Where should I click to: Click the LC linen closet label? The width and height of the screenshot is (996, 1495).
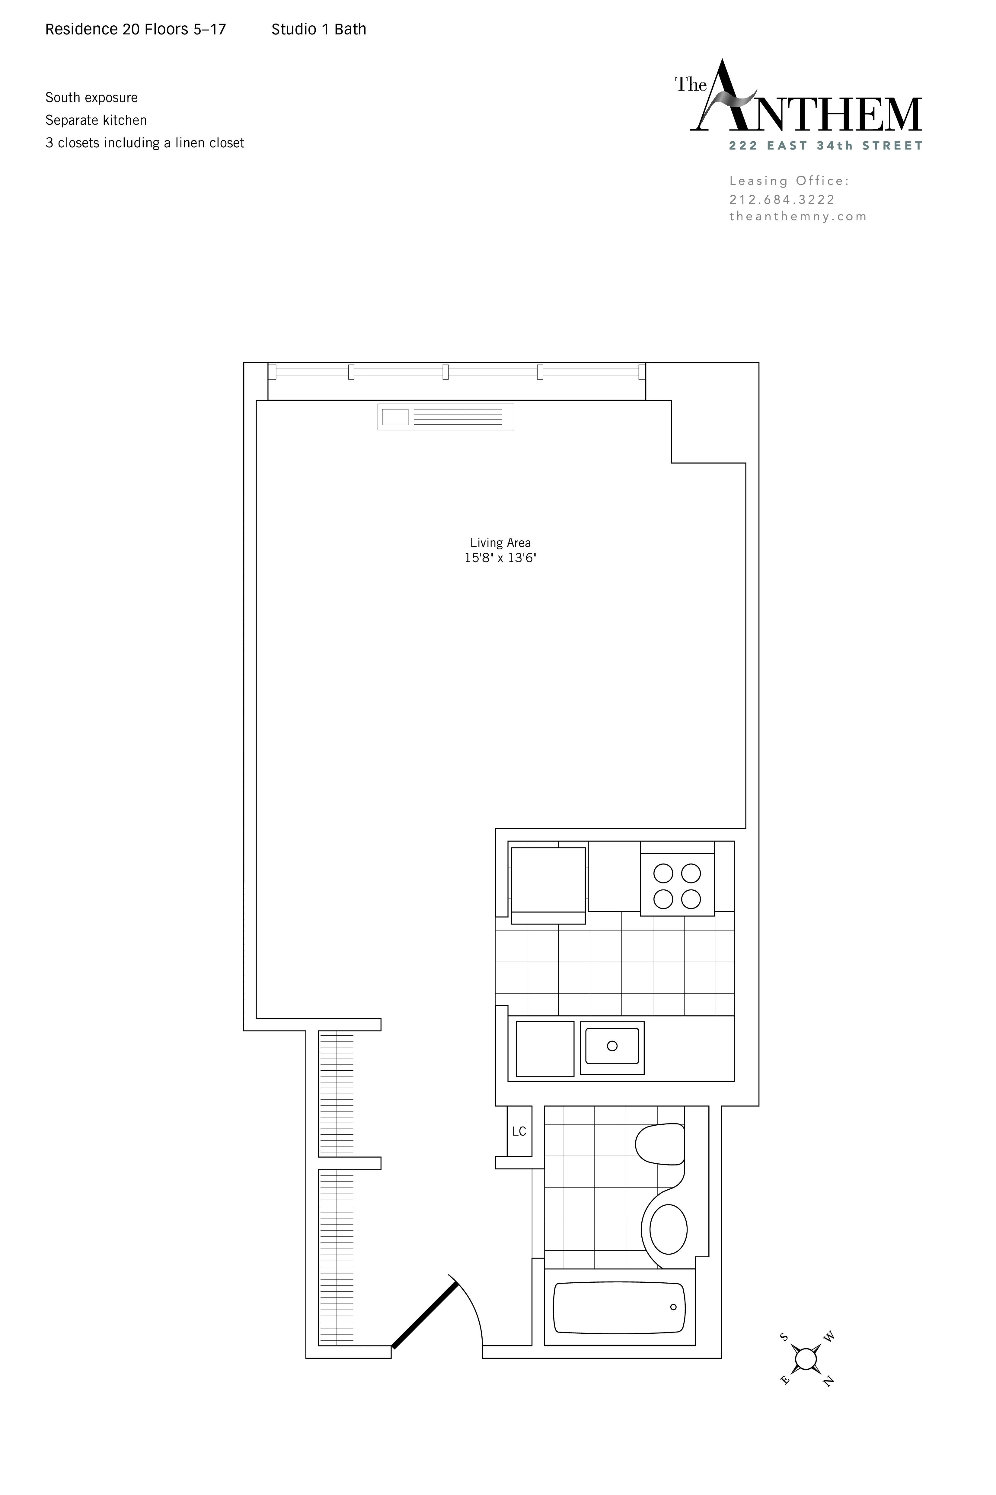(519, 1131)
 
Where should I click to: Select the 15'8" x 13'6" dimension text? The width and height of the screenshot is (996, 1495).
(500, 558)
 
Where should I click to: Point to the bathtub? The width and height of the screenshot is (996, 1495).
(619, 1307)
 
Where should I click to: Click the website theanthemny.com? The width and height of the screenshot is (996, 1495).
(798, 216)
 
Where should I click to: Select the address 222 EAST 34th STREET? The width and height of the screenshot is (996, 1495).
(826, 146)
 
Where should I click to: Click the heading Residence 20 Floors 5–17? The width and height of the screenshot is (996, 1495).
(135, 29)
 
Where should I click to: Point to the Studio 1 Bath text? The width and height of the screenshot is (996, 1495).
(319, 29)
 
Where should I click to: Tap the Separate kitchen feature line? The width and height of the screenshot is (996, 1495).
(96, 120)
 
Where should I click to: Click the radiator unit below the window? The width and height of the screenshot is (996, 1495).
(445, 417)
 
